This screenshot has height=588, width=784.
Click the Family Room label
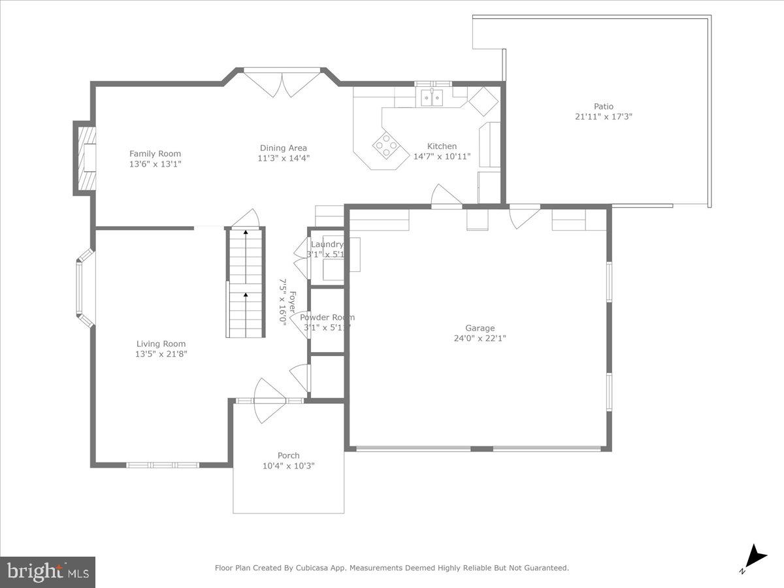155,154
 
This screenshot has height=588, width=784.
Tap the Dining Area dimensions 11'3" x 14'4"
283,158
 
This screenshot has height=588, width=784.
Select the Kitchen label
442,146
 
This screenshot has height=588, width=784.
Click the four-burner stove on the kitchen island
385,145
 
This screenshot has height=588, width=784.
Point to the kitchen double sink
432,98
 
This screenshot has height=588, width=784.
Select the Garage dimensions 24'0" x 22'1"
480,338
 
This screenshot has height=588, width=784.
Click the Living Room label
161,344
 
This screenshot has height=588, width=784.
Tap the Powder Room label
327,318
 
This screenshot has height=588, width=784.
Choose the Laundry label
327,244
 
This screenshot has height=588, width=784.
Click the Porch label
288,455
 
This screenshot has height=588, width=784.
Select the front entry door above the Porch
269,400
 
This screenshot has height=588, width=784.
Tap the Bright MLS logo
48,572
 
